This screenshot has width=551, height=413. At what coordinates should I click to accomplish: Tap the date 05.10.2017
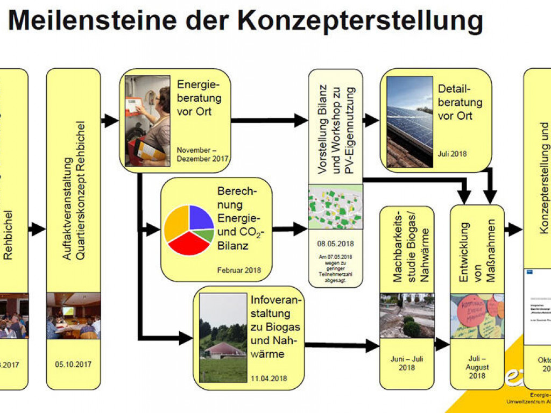point(73,364)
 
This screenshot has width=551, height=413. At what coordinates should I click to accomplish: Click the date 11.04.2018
point(269,378)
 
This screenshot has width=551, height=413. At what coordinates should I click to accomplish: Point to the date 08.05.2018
point(335,244)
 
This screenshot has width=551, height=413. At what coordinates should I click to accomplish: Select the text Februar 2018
point(239,270)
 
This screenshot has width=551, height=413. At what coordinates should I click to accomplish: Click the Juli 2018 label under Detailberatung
point(452,154)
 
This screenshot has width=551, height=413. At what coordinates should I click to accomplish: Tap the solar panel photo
point(409,122)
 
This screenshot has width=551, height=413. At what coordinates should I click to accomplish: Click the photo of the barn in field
point(223,338)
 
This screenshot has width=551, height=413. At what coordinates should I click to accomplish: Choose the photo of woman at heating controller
point(147,121)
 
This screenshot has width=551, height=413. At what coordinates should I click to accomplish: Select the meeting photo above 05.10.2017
point(73,316)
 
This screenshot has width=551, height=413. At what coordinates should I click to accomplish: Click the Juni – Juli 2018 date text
point(407,363)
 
